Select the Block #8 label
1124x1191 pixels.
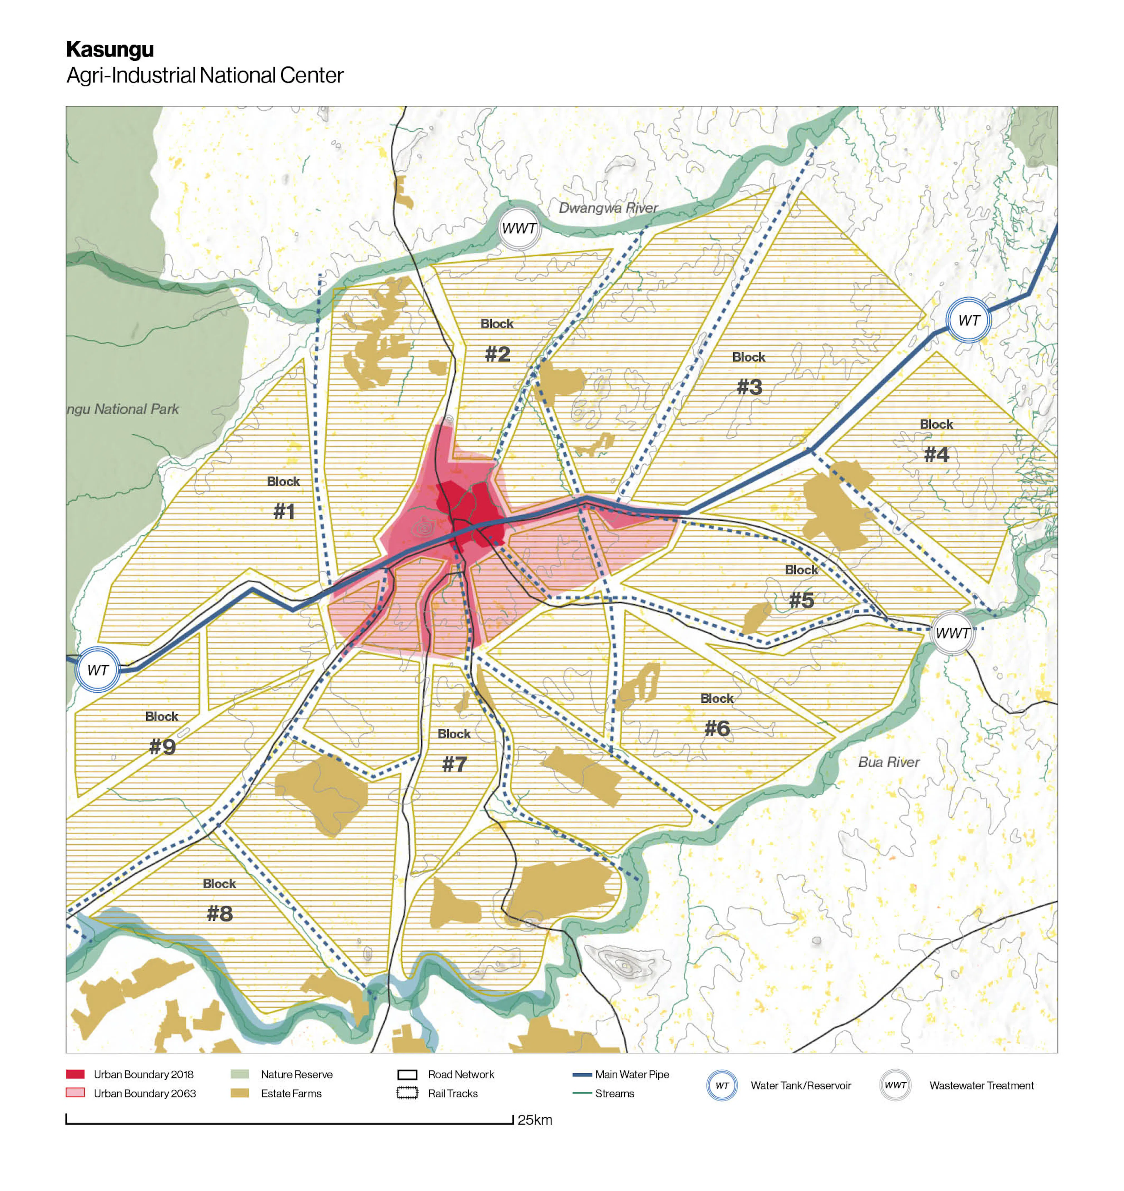[219, 901]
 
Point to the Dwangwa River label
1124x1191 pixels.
[608, 208]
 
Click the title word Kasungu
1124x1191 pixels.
[110, 49]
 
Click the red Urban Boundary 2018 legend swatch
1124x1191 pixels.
[75, 1074]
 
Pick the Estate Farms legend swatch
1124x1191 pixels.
[240, 1093]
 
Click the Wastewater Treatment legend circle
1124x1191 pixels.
[895, 1085]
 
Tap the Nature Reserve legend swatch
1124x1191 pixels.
[240, 1074]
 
